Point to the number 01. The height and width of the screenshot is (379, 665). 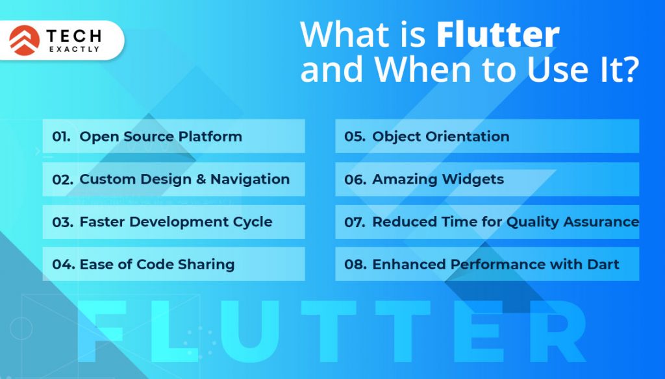click(61, 137)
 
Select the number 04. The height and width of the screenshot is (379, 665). click(62, 265)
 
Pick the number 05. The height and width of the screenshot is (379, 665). click(355, 137)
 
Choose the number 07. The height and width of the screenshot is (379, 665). click(355, 222)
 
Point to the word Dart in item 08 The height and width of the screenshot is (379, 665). click(603, 265)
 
